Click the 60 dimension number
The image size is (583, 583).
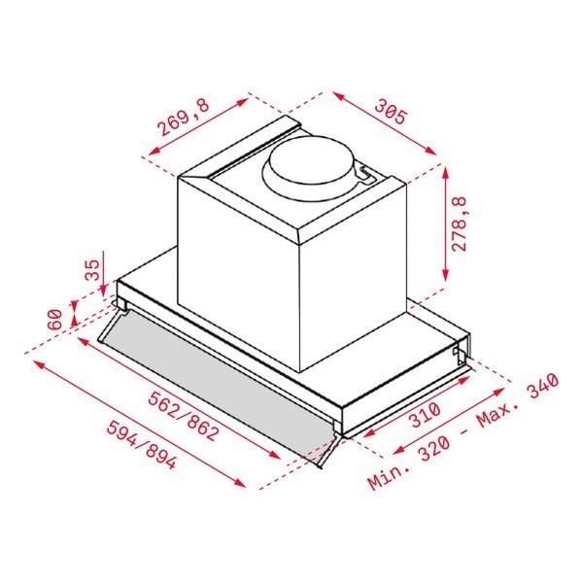55,318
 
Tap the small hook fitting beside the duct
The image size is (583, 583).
366,174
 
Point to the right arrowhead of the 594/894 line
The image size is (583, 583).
241,482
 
